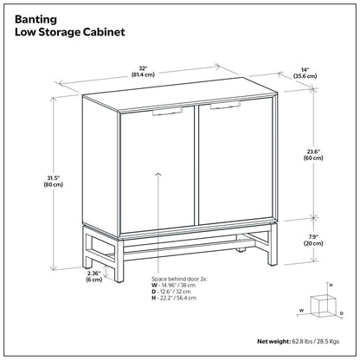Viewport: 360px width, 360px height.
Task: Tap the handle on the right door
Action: click(222, 105)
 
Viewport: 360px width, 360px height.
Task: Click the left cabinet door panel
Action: click(155, 173)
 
